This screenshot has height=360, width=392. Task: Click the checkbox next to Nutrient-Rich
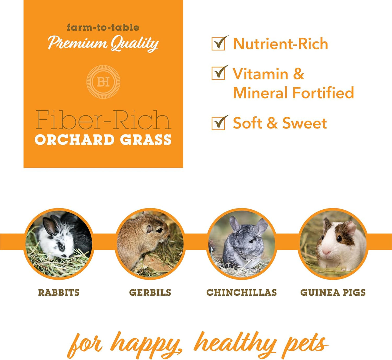tap(218, 44)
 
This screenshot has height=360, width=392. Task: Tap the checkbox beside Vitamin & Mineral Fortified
tap(218, 74)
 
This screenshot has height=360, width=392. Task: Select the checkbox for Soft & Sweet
tap(218, 124)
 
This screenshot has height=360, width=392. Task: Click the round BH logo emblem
tap(103, 82)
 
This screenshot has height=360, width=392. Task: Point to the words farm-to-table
tap(103, 27)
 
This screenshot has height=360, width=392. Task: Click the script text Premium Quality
tap(103, 43)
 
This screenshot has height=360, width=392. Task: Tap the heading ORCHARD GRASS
tap(103, 140)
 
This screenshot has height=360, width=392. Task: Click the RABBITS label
tap(59, 292)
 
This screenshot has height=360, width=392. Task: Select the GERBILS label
tap(150, 292)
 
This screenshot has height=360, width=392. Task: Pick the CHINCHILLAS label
tap(241, 292)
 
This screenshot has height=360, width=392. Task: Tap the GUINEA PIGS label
tap(333, 292)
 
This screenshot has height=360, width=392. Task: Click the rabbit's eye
tap(62, 247)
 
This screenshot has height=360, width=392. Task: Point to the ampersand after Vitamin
tap(298, 74)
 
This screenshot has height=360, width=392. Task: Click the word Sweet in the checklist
tap(304, 124)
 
